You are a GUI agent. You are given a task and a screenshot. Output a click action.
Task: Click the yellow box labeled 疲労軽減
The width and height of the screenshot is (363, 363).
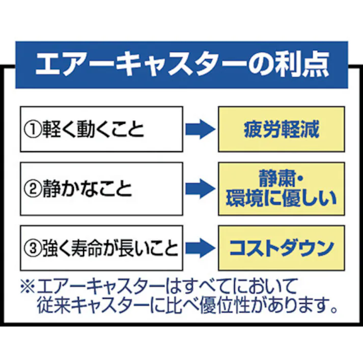point(282,129)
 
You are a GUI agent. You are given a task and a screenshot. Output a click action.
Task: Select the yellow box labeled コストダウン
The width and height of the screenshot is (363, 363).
point(282,248)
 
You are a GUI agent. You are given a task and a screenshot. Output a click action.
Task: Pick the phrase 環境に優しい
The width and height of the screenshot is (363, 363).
point(282,198)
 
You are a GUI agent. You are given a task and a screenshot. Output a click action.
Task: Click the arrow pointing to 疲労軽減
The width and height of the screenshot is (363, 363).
point(200,129)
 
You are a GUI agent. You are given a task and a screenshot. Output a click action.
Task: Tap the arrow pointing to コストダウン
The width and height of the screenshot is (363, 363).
point(200,248)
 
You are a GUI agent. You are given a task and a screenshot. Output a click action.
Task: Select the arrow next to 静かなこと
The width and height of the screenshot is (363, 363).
point(200,189)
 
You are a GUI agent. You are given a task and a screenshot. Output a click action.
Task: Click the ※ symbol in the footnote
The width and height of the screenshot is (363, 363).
point(26,286)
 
